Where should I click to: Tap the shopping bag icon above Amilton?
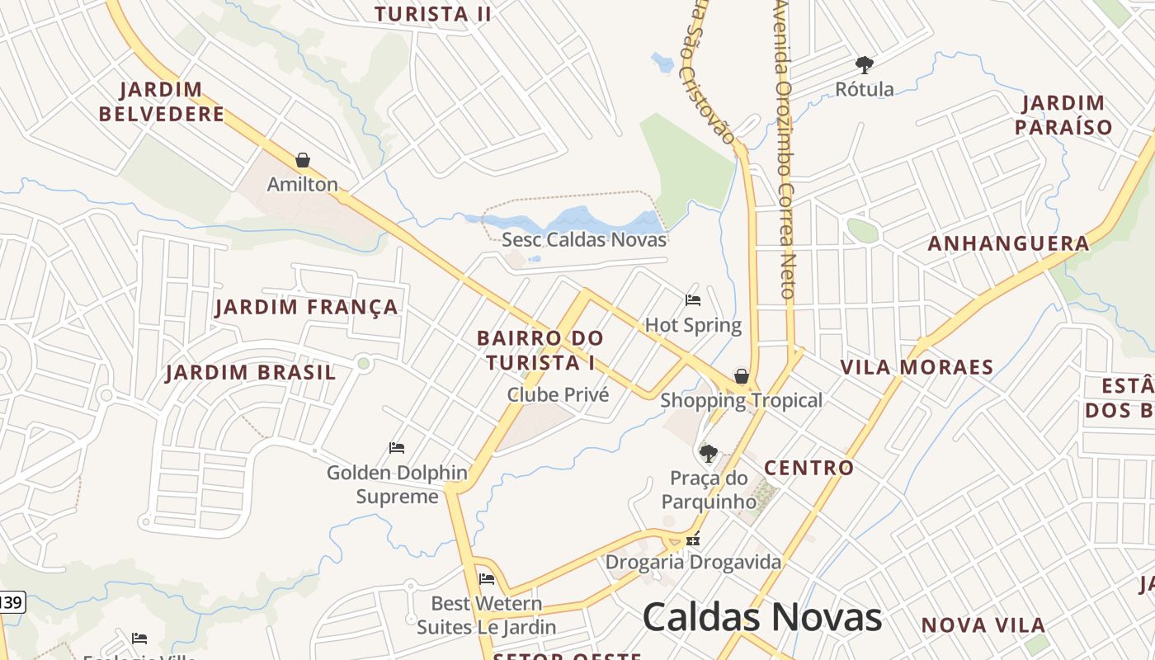tap(303, 160)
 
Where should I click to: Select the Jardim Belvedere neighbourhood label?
tap(161, 101)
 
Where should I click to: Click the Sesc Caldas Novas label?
tap(584, 240)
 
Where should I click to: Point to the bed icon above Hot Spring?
tap(693, 300)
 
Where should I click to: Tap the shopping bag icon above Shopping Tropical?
tap(742, 377)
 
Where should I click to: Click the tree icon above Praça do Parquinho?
tap(708, 453)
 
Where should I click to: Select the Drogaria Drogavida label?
tap(693, 563)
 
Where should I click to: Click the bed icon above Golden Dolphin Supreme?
tap(397, 448)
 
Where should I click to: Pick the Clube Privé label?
tap(558, 395)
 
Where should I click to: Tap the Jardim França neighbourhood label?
tap(306, 308)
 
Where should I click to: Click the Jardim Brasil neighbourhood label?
tap(251, 372)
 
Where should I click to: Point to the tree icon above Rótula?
tap(865, 64)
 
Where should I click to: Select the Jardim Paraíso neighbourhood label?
tap(1063, 115)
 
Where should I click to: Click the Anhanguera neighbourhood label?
tap(1008, 243)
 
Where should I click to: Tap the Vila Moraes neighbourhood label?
tap(917, 367)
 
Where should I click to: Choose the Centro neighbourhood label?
tap(808, 468)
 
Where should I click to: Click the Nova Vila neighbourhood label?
tap(983, 625)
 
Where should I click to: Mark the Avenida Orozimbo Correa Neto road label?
tap(784, 148)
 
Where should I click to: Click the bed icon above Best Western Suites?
tap(487, 579)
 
